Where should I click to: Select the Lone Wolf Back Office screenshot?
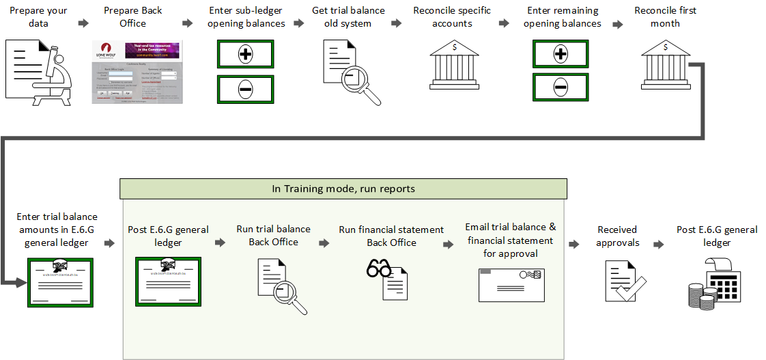[x=138, y=72]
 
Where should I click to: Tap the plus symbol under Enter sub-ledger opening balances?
[x=246, y=55]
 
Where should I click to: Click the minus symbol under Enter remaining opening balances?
[x=561, y=87]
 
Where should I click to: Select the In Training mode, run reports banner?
[x=343, y=189]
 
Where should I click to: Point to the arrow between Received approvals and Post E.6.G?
[x=658, y=243]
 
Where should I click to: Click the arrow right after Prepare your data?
[x=83, y=23]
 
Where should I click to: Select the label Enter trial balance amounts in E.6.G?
[x=57, y=230]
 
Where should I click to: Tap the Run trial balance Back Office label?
[x=273, y=236]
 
